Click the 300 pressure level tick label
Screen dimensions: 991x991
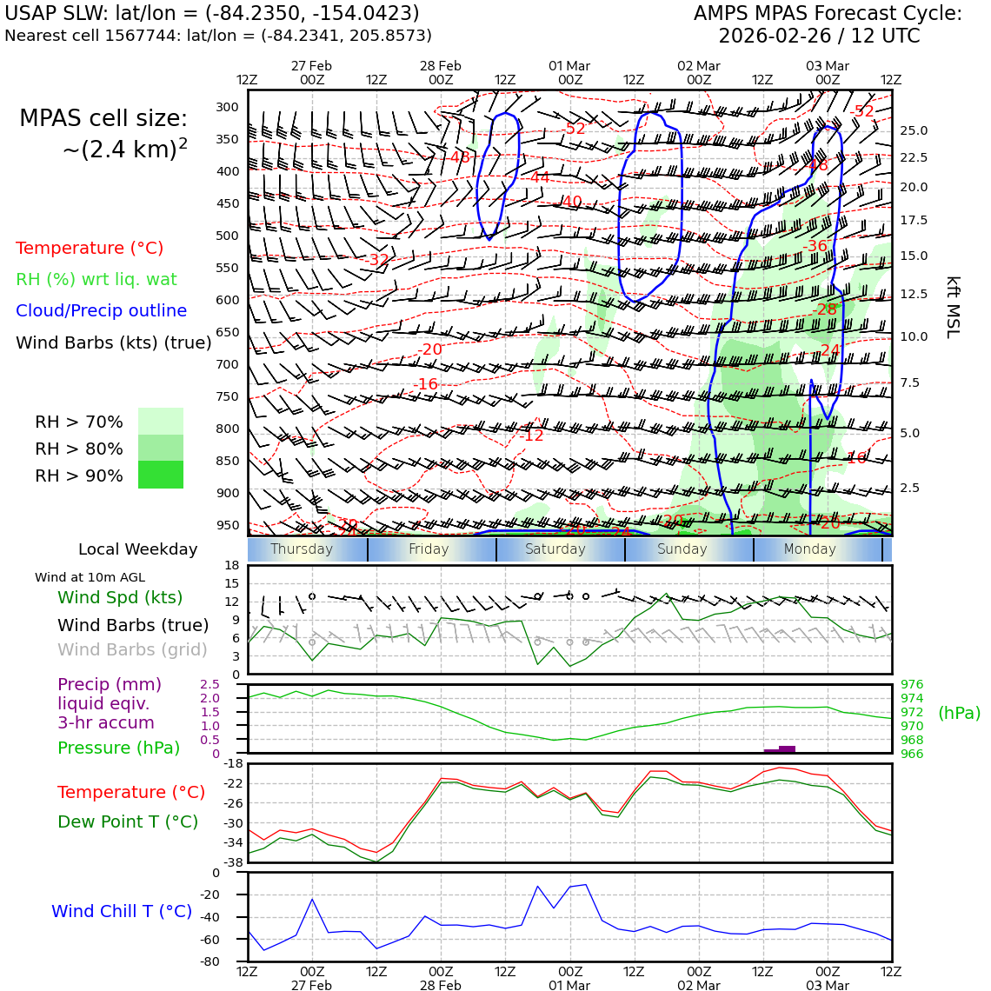click(x=227, y=107)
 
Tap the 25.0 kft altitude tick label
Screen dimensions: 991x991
click(x=913, y=131)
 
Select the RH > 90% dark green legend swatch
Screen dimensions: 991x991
click(x=161, y=475)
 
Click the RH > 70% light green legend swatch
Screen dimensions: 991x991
click(x=161, y=422)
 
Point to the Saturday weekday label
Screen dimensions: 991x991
click(x=555, y=549)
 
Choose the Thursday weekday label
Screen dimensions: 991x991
click(x=302, y=549)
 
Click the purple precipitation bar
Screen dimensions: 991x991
click(x=787, y=748)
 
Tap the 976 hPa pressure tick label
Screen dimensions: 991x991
click(x=912, y=685)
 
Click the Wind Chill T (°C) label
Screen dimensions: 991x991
click(x=122, y=911)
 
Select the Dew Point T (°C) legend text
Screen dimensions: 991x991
click(x=128, y=821)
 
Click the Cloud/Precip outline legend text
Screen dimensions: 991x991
click(x=101, y=310)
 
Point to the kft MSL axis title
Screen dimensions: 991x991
click(x=952, y=307)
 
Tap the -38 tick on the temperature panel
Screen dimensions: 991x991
click(x=234, y=862)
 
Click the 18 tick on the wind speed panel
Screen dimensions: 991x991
click(x=231, y=565)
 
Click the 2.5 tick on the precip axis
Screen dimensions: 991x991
click(x=210, y=685)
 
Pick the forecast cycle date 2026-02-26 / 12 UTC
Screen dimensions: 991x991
click(x=818, y=37)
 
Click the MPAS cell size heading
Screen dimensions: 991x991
click(x=103, y=119)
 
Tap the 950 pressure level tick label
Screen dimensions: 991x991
click(x=227, y=525)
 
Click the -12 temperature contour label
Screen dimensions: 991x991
click(x=532, y=436)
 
